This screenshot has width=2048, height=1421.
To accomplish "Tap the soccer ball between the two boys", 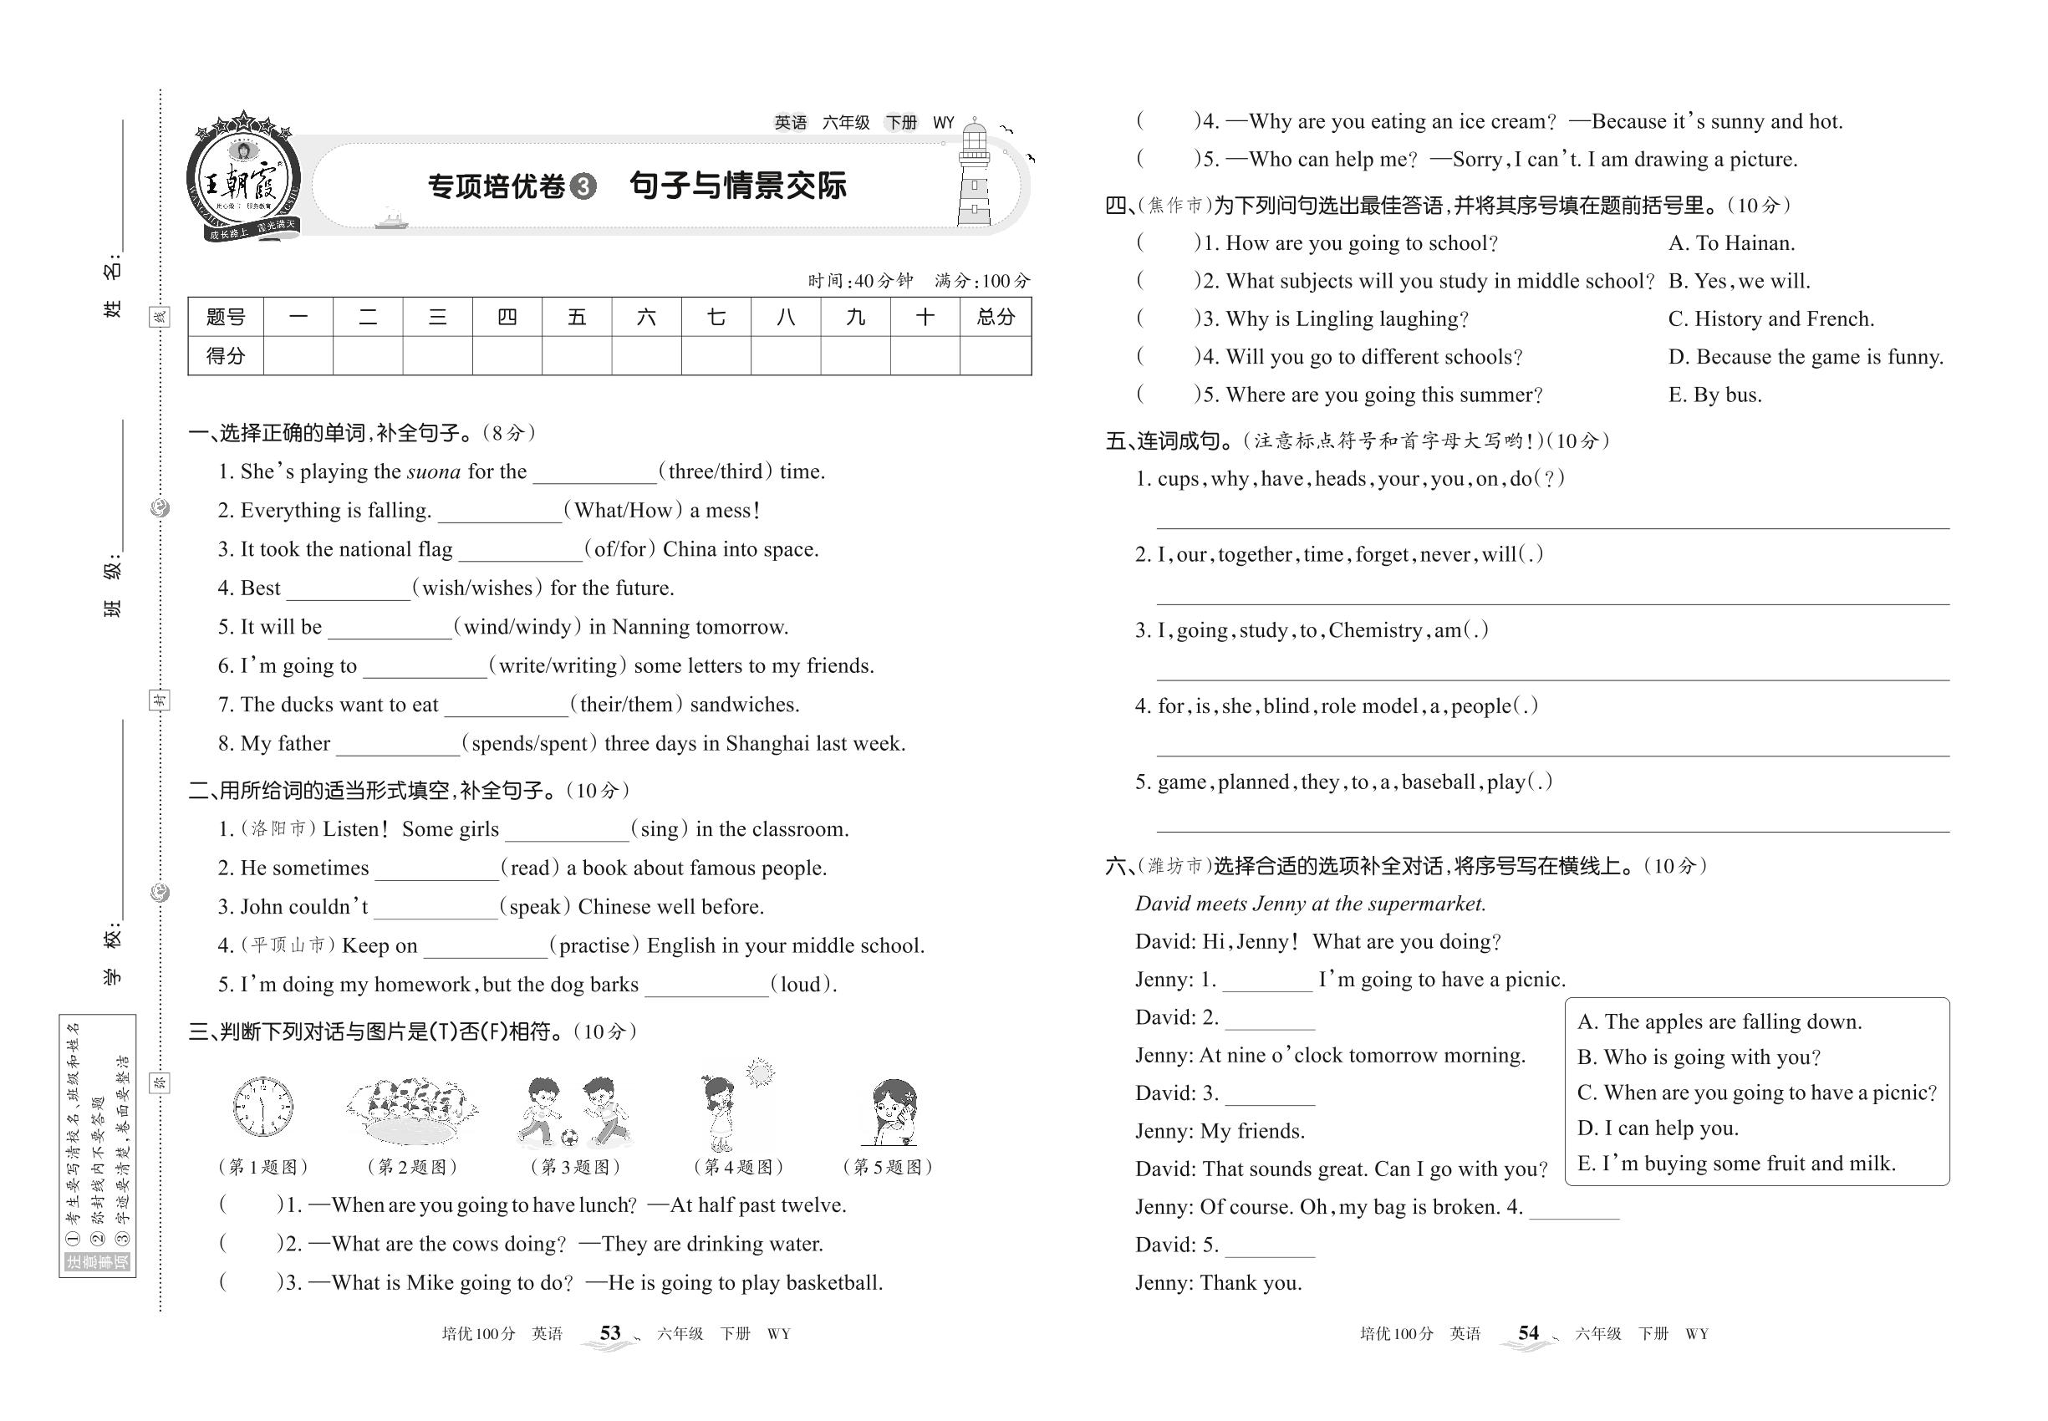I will (x=570, y=1137).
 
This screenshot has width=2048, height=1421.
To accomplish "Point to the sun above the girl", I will (x=760, y=1074).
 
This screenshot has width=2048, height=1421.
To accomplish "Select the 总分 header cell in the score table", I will (x=995, y=317).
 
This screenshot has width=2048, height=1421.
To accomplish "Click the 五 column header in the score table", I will (x=577, y=317).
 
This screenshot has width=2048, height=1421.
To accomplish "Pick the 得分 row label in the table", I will (x=226, y=356).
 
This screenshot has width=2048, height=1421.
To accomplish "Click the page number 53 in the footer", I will (x=610, y=1333).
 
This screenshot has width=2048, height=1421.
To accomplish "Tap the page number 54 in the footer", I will (x=1528, y=1333).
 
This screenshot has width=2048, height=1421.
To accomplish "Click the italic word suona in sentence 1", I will (x=434, y=472).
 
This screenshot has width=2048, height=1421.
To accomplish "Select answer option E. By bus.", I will (x=1714, y=395).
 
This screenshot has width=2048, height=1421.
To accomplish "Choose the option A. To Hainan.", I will (x=1731, y=243).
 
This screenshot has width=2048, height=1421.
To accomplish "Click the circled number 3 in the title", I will (x=583, y=187).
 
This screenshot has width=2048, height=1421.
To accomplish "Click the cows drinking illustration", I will (x=411, y=1110).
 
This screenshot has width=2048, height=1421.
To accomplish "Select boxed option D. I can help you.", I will (x=1657, y=1128).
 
